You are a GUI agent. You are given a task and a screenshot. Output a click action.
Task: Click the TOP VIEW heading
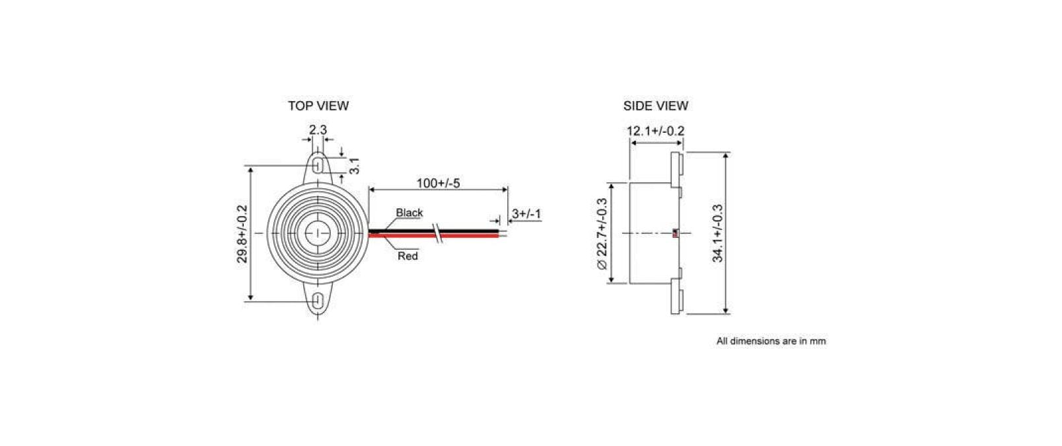point(318,106)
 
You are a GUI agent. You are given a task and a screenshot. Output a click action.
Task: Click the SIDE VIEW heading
point(655,106)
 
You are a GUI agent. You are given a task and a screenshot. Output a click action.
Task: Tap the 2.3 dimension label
point(318,130)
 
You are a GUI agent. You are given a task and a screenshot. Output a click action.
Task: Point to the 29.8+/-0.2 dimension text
point(242,233)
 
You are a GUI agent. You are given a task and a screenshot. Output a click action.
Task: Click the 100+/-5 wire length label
point(438,183)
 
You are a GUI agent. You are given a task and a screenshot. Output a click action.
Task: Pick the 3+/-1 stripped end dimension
point(526,213)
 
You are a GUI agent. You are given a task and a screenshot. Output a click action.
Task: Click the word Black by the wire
point(409,213)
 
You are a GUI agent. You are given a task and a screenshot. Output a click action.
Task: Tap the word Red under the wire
point(407,256)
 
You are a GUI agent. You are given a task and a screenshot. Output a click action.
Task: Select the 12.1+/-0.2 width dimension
point(655,131)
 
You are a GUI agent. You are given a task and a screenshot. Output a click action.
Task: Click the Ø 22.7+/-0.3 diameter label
point(601,233)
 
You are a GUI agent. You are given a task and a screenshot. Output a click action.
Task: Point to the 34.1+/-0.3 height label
point(718,233)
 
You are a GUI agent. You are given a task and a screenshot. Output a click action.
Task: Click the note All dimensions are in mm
point(771,342)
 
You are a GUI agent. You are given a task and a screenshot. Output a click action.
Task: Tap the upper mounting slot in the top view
point(318,163)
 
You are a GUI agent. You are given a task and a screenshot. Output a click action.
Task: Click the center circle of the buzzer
point(318,233)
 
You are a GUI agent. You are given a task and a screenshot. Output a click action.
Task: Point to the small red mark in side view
point(674,233)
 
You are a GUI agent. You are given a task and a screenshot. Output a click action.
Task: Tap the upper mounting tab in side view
point(676,169)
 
